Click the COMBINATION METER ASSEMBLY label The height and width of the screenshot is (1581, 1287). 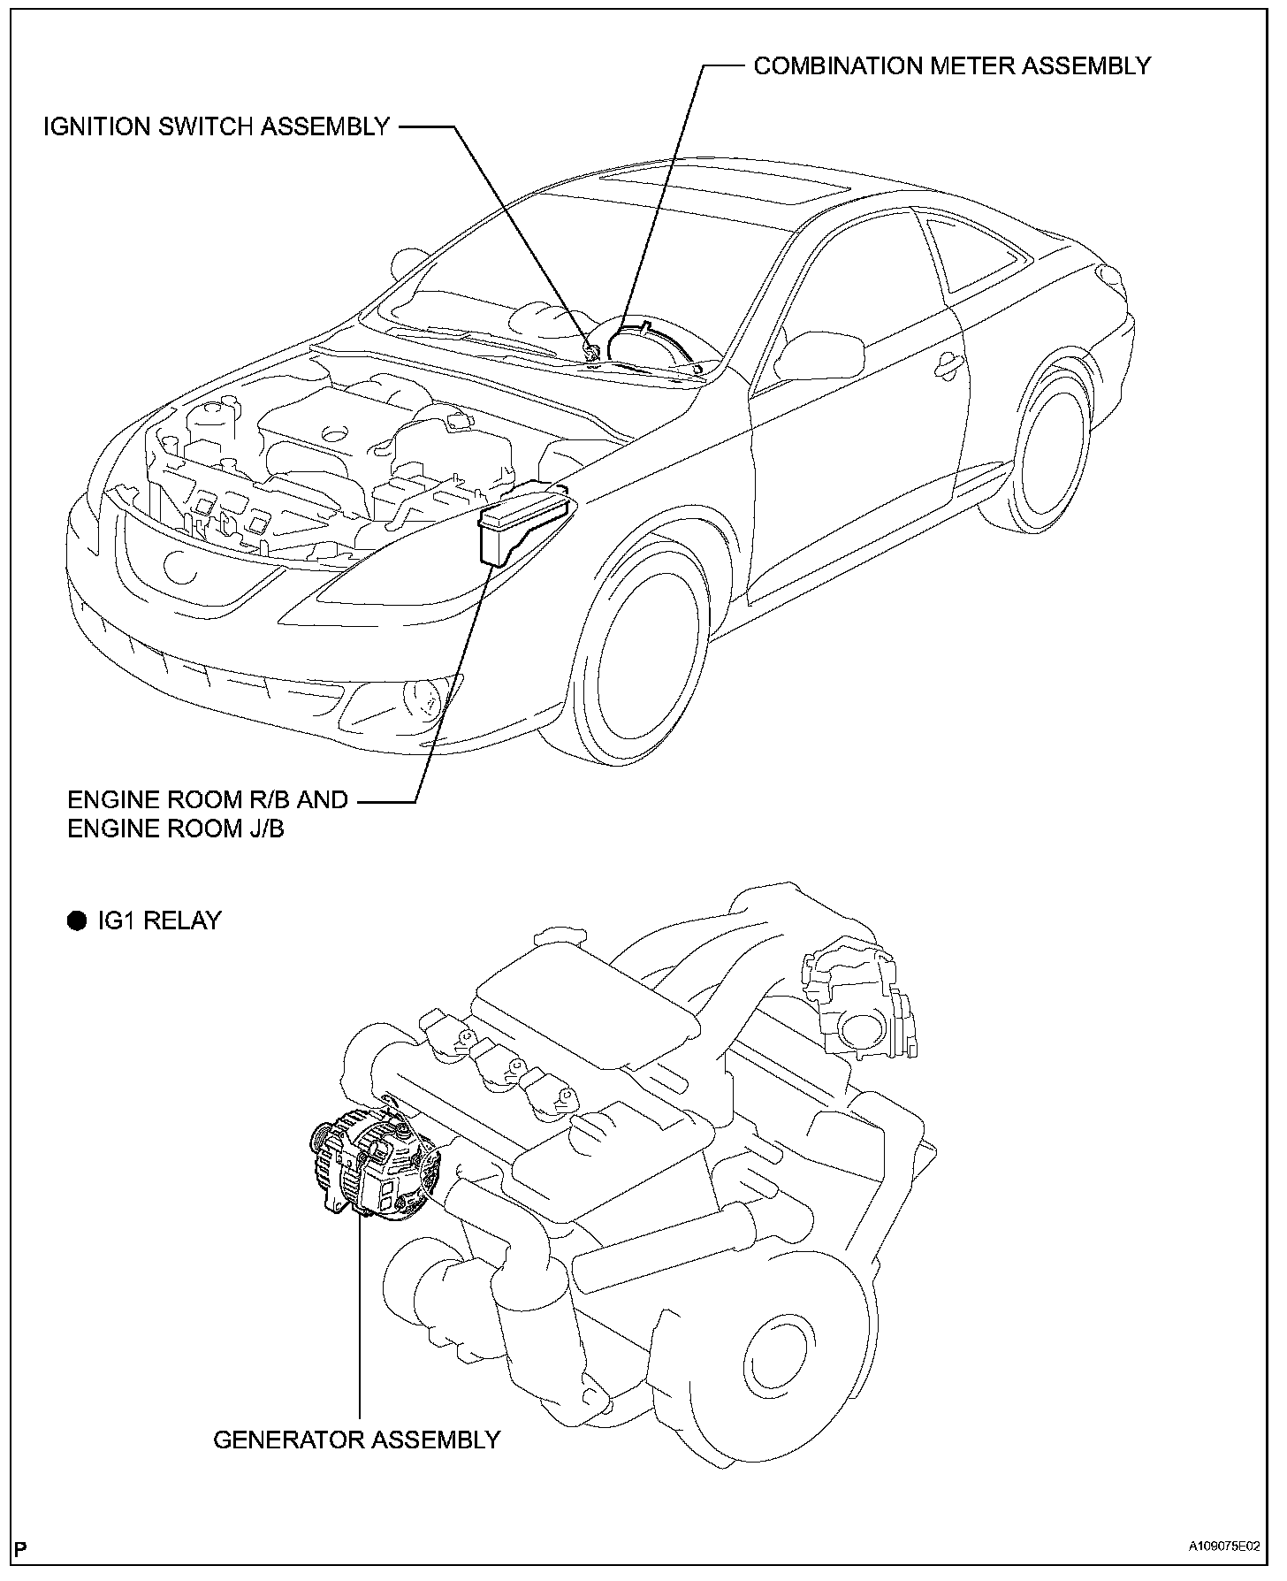952,66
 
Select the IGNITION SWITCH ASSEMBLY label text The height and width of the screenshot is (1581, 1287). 217,126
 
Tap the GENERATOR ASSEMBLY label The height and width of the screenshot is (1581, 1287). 356,1440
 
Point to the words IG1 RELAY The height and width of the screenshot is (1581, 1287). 159,920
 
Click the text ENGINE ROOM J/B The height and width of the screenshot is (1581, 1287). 176,829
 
